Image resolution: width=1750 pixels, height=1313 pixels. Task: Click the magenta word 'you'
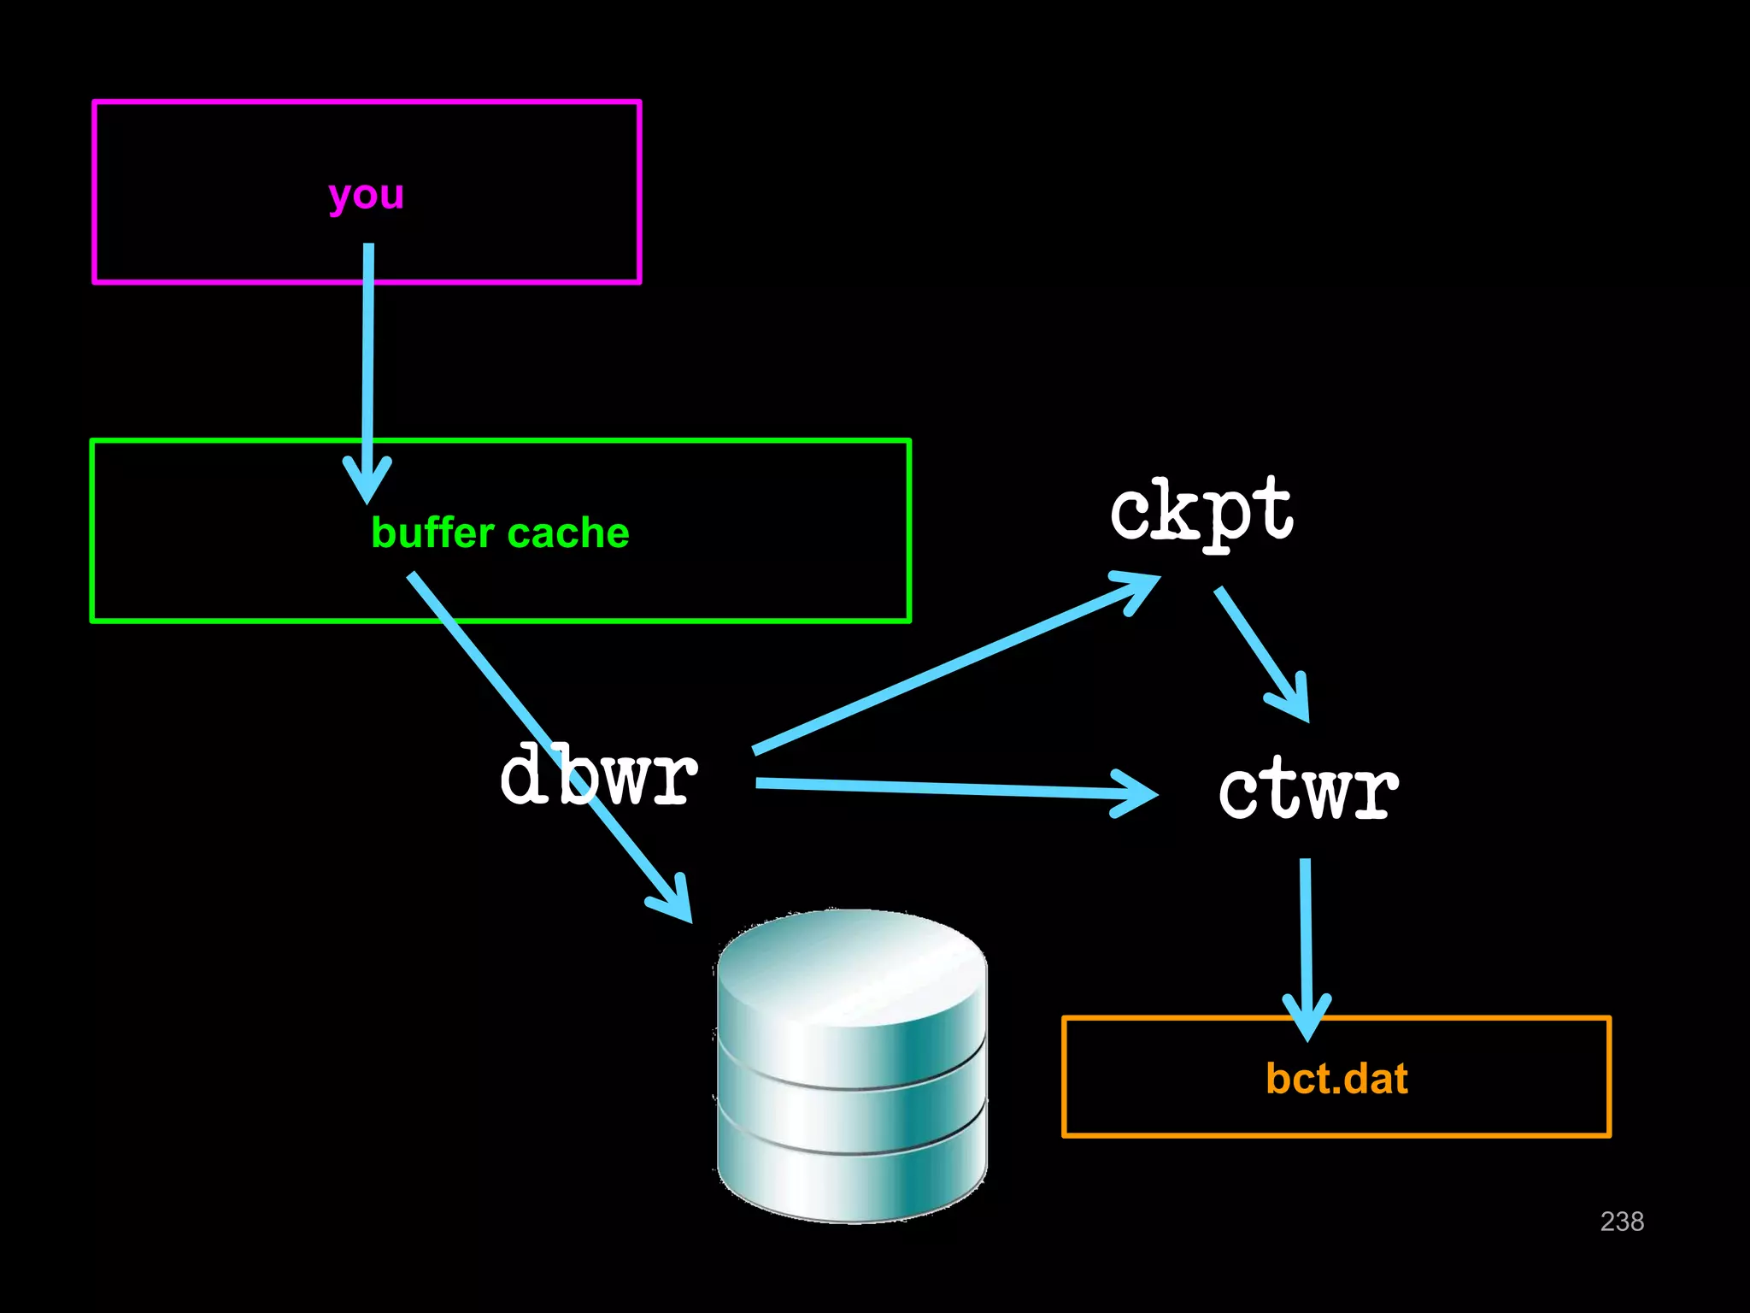(366, 195)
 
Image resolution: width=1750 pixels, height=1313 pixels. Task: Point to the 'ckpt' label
(1201, 510)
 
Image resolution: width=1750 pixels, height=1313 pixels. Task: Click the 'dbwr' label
(598, 774)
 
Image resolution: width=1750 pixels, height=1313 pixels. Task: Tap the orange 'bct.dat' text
(1336, 1078)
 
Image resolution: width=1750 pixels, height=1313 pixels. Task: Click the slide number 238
(1621, 1221)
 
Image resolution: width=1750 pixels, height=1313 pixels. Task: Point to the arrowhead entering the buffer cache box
(367, 483)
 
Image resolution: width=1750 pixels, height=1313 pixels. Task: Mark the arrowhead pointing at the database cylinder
(675, 902)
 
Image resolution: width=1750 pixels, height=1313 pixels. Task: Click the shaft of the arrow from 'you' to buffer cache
(368, 359)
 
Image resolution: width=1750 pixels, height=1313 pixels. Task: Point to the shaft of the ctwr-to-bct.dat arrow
(1306, 932)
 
